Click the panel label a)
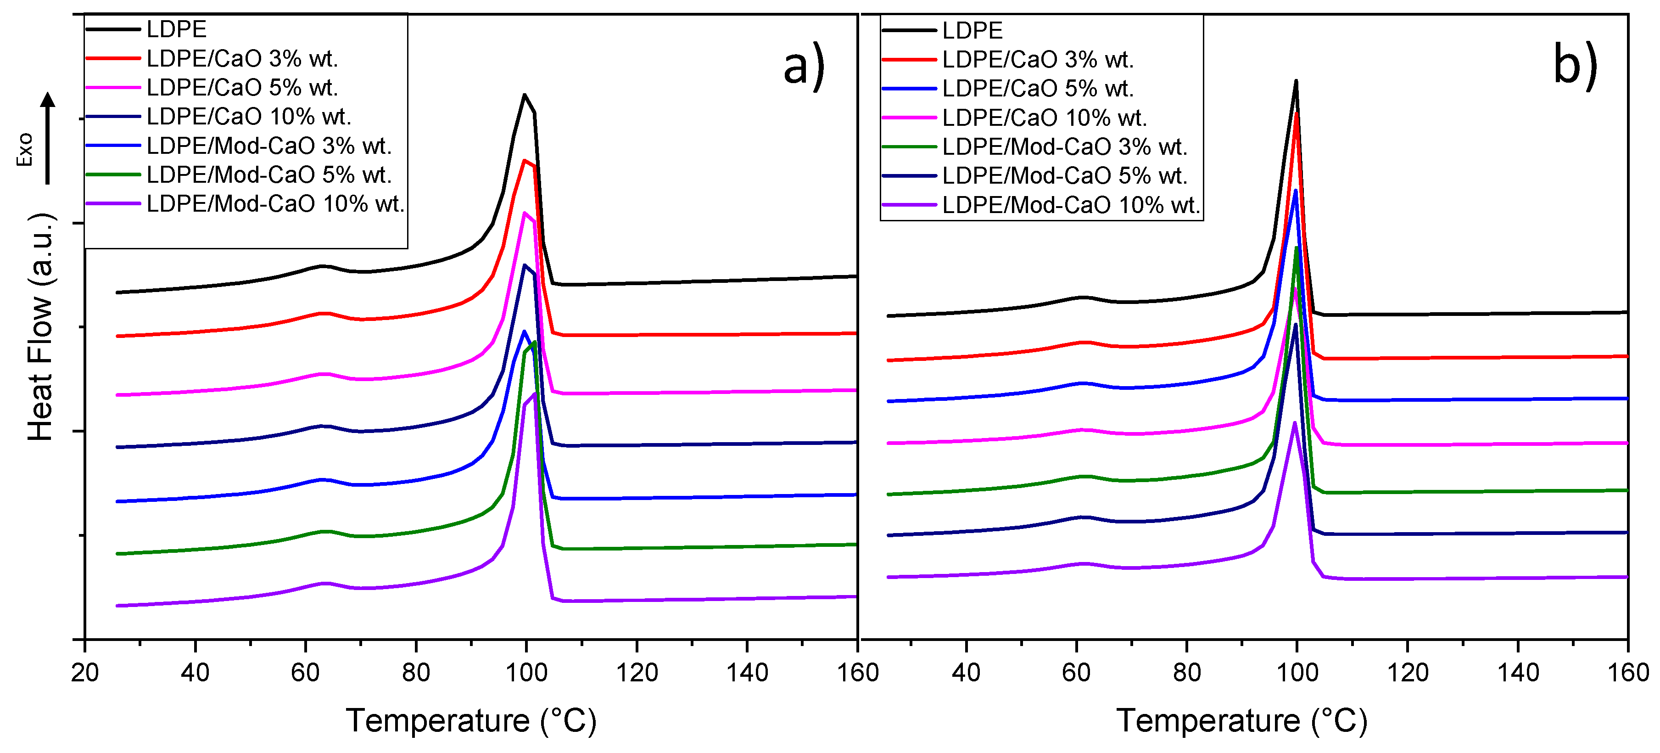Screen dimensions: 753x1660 click(x=803, y=66)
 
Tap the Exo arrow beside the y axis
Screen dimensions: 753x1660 click(x=48, y=139)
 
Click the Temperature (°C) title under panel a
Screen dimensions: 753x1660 click(x=471, y=720)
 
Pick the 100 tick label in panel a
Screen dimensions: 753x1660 click(x=526, y=672)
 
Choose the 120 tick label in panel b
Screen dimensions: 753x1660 click(x=1408, y=672)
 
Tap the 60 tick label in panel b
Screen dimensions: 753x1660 click(x=1076, y=672)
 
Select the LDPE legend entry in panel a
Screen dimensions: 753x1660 click(x=176, y=29)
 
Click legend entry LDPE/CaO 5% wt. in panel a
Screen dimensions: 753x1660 click(x=242, y=87)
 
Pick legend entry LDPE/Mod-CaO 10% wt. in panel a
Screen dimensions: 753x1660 click(x=275, y=204)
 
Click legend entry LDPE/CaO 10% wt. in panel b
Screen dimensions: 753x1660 click(x=1044, y=118)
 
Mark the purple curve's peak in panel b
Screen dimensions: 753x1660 click(x=1294, y=423)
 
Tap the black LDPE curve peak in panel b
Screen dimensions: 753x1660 click(x=1296, y=81)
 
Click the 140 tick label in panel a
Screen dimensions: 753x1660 click(x=747, y=672)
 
